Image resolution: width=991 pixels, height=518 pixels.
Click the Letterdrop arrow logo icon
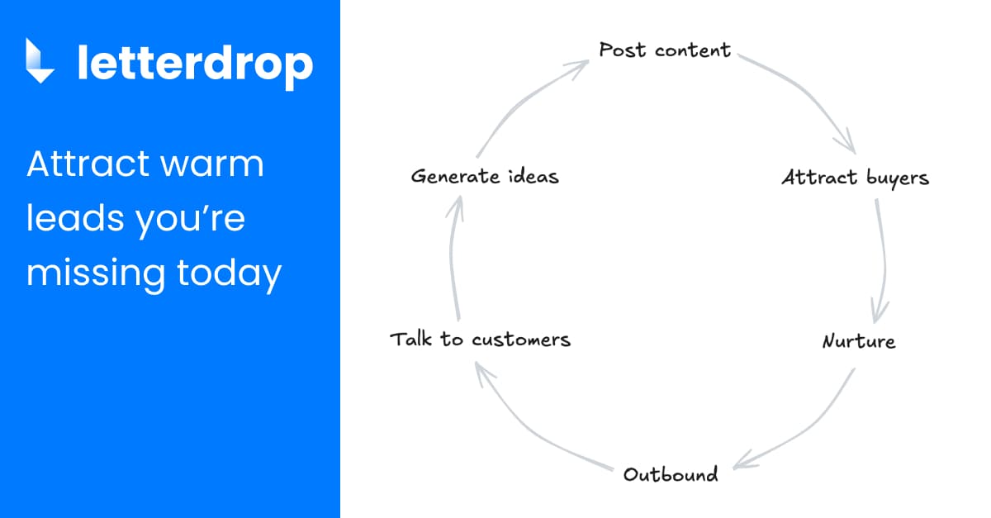pos(40,61)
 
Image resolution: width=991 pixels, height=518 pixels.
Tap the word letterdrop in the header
pos(195,63)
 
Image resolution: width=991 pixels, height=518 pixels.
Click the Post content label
pos(665,50)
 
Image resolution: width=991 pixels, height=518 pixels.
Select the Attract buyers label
pos(855,178)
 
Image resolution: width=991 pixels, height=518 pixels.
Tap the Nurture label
pos(859,340)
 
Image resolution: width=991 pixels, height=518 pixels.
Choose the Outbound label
pos(671,474)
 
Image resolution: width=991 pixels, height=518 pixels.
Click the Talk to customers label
pos(480,339)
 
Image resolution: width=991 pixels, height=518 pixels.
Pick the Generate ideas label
pos(485,176)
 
